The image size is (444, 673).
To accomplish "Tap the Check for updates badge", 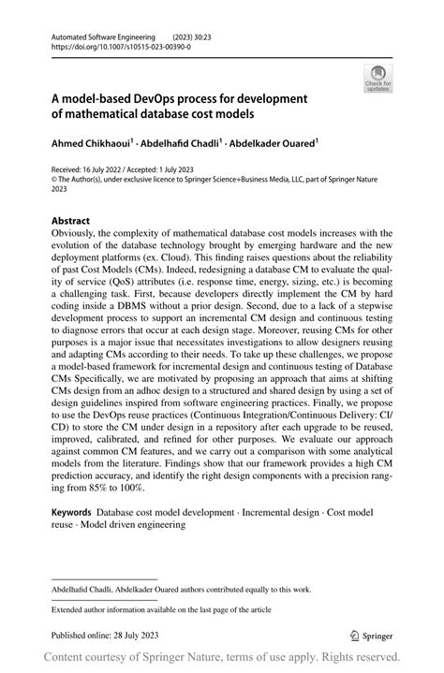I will point(378,80).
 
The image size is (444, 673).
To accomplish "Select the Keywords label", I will point(71,513).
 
